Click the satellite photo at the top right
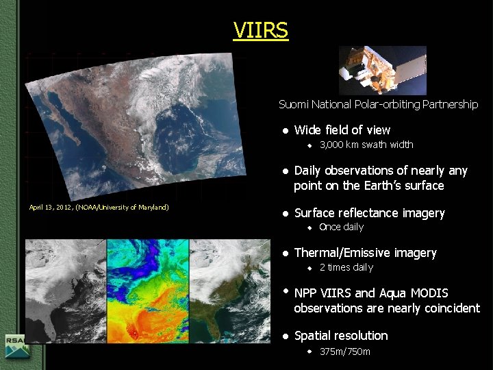(x=383, y=70)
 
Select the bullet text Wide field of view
(x=342, y=130)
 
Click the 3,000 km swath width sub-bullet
(x=366, y=145)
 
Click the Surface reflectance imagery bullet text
(x=369, y=213)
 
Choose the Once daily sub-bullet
(x=341, y=227)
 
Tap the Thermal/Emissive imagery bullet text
(x=365, y=253)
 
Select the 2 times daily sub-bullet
(x=346, y=267)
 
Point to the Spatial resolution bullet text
(x=340, y=336)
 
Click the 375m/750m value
(x=344, y=351)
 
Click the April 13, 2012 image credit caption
(x=99, y=207)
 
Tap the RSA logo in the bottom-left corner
(x=15, y=347)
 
